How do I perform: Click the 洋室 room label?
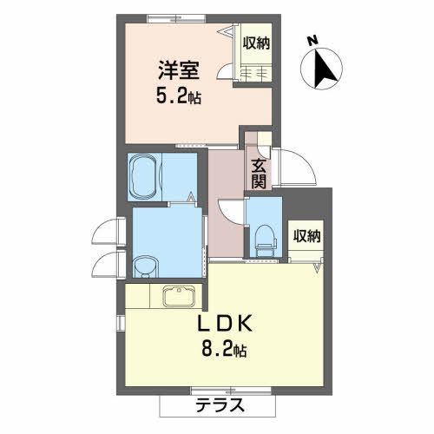coord(178,70)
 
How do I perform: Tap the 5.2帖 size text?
coord(179,97)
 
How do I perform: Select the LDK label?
coord(225,324)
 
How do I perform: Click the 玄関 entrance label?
coord(259,174)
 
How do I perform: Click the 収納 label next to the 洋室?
coord(256,43)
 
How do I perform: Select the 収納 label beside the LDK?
coord(307,236)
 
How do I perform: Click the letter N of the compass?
coord(312,41)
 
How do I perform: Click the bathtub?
coord(145,177)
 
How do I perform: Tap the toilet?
coord(265,240)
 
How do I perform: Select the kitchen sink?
coord(179,296)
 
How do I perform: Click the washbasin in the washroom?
coord(147,266)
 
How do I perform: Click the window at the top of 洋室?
coord(177,18)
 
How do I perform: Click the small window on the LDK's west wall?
coord(121,323)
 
